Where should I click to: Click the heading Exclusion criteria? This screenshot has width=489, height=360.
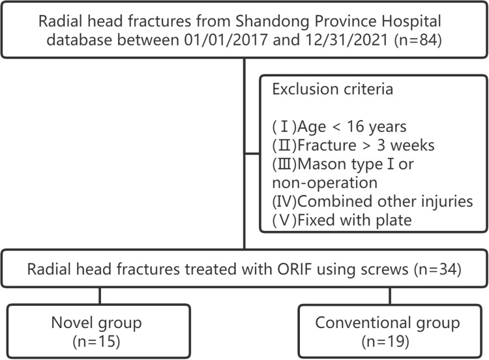tap(333, 89)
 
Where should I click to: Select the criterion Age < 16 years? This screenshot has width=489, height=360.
tap(352, 127)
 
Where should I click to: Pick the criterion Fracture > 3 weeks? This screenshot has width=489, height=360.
tap(366, 145)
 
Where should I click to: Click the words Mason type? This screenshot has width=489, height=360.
tap(340, 164)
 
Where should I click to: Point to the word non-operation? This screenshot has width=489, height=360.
tap(325, 183)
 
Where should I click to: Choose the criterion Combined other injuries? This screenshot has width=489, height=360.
tap(385, 202)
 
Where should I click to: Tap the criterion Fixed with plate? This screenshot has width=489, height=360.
tap(355, 220)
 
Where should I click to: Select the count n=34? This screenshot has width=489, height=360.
tap(437, 269)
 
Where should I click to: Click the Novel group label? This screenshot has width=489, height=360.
tap(96, 323)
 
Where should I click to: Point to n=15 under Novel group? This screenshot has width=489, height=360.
tap(96, 342)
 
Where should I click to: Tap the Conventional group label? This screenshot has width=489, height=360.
tap(387, 323)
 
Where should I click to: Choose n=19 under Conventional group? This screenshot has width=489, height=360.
tap(385, 342)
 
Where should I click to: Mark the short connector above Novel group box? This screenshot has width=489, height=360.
tap(100, 295)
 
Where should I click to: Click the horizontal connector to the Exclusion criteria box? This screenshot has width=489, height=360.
tap(252, 153)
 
